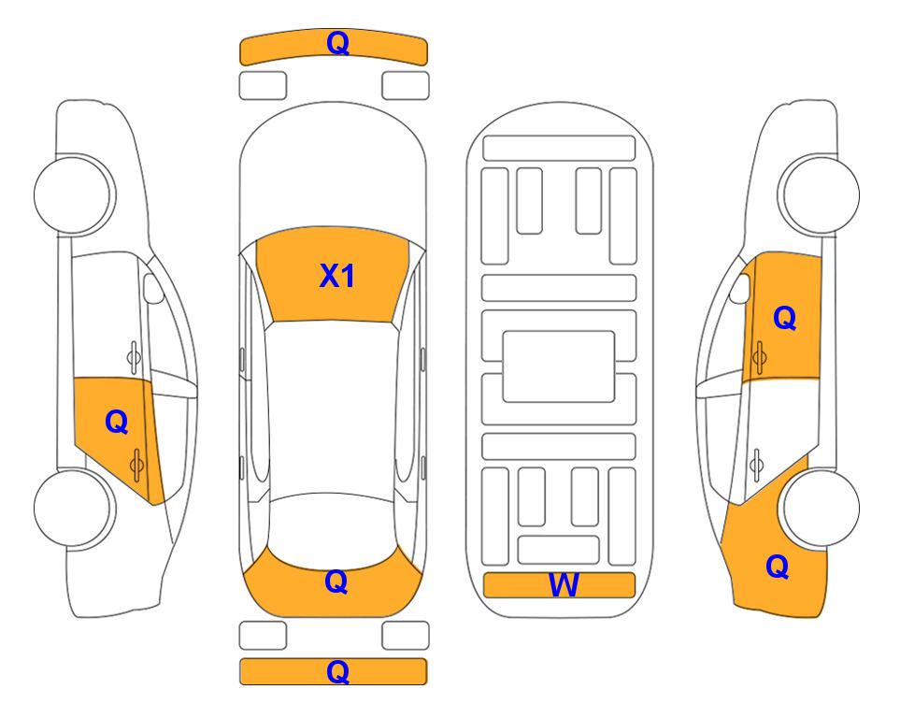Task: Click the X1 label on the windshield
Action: [x=337, y=276]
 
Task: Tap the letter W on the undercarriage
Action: [x=564, y=585]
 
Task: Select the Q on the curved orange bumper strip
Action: [x=337, y=43]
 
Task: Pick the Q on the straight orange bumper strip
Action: [x=337, y=671]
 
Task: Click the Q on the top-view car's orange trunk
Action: [x=336, y=582]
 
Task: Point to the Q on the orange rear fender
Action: [x=778, y=567]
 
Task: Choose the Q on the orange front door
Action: [x=785, y=318]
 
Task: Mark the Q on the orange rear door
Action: [x=117, y=423]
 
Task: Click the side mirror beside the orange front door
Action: [x=739, y=289]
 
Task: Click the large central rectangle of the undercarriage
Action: [x=559, y=366]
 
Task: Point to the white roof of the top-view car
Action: [x=333, y=408]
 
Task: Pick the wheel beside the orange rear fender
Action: [x=821, y=508]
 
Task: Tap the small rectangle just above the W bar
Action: [x=559, y=550]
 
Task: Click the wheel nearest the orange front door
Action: [x=819, y=194]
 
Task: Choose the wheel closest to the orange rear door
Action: [x=74, y=508]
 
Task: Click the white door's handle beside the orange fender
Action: [x=756, y=466]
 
